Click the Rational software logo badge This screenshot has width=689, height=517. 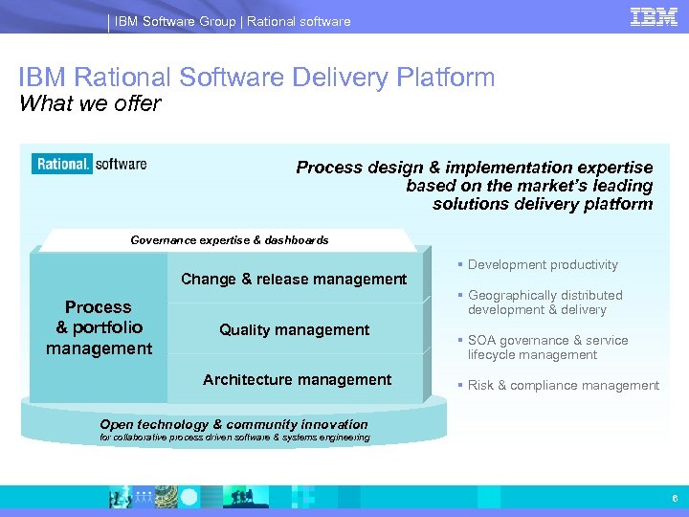90,164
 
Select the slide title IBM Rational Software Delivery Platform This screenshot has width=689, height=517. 256,78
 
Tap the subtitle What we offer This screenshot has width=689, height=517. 90,103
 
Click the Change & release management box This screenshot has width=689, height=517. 294,279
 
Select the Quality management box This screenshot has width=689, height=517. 294,329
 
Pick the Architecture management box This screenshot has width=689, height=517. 297,380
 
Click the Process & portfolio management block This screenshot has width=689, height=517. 99,327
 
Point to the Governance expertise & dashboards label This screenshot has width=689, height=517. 229,240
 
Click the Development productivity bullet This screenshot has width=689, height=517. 542,265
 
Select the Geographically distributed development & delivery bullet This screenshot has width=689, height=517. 544,303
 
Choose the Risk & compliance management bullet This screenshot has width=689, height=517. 562,386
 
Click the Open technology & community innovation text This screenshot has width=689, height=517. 233,424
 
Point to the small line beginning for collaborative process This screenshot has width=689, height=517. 234,438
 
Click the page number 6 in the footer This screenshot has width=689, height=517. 674,499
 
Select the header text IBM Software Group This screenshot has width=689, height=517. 175,21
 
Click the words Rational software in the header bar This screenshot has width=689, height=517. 299,21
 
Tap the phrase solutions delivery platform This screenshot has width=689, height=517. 542,203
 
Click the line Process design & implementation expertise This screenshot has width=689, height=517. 474,168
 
